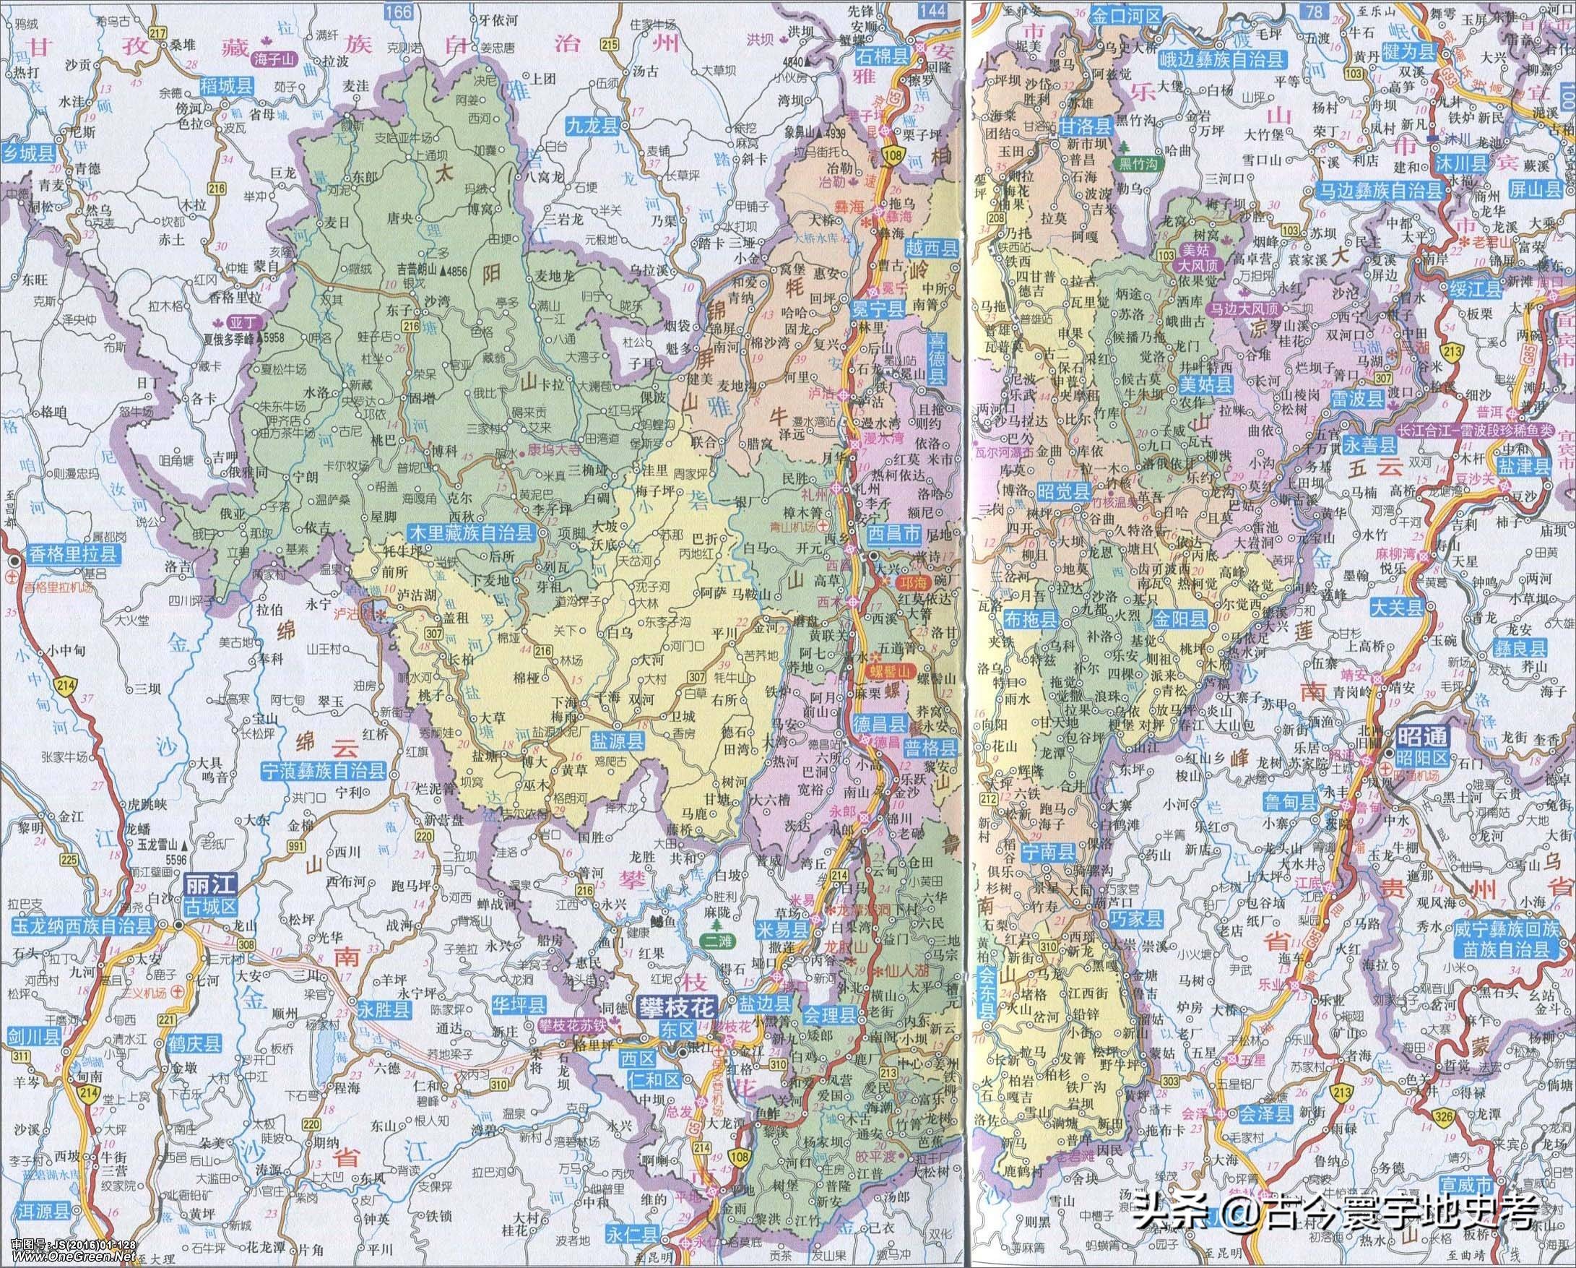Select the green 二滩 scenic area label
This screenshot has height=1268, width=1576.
(x=718, y=941)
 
